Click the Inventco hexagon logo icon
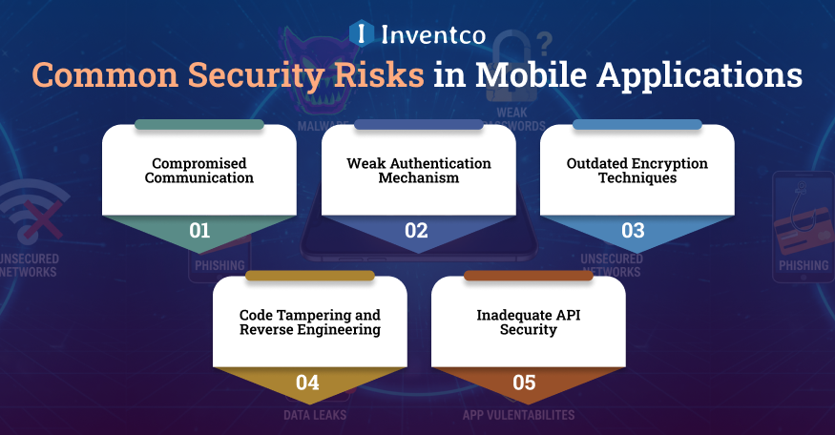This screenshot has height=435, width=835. point(359,33)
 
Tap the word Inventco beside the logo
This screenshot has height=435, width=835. point(433,34)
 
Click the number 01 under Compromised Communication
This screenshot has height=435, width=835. point(199,231)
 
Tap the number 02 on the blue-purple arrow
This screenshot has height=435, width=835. point(418,231)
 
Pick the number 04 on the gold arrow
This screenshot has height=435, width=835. point(307,383)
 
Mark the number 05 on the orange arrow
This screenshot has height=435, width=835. point(525,383)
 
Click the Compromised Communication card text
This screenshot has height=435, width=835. point(199,171)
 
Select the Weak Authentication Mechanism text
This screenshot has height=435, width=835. point(418,171)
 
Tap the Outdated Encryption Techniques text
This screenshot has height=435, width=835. point(637,171)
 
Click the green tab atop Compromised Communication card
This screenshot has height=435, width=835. point(199,125)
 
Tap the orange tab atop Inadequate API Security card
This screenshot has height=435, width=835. point(528,277)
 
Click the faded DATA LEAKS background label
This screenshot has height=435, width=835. point(315,415)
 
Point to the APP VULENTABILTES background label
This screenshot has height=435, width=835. point(519,415)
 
